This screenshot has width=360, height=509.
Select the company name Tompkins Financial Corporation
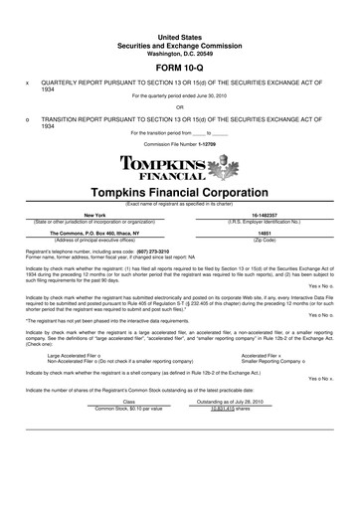point(179,192)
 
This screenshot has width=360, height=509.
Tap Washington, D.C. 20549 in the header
point(179,23)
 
